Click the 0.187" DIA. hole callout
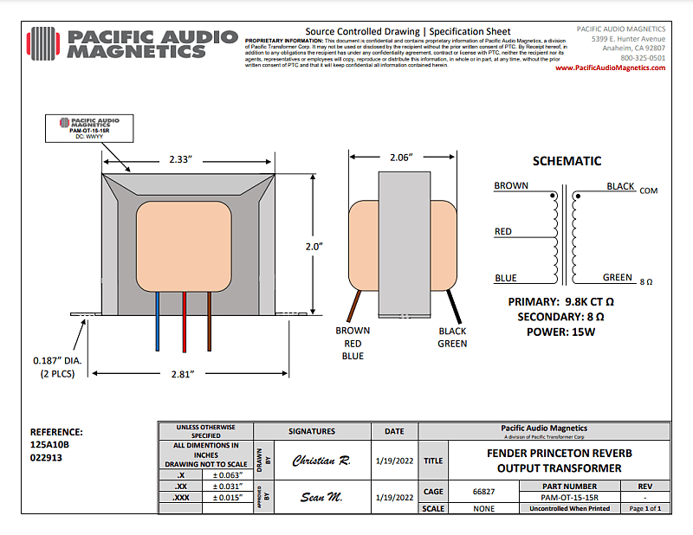[x=53, y=360]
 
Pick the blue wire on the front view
[x=158, y=320]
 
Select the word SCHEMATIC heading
[x=567, y=161]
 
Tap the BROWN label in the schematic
[x=511, y=186]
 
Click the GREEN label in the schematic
[x=618, y=278]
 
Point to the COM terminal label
[x=649, y=190]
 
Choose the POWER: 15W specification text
[x=561, y=332]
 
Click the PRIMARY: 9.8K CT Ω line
[x=561, y=301]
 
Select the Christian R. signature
[x=320, y=461]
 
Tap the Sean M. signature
[x=320, y=497]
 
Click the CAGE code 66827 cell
[x=484, y=492]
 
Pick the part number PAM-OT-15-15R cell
[x=569, y=497]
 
